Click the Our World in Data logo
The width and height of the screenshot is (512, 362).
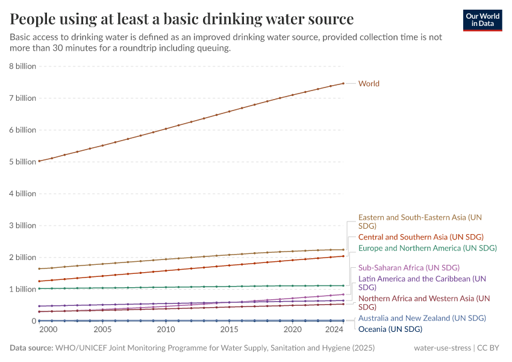(x=482, y=20)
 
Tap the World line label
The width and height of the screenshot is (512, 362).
(x=369, y=84)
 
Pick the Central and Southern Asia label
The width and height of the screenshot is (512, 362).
(x=420, y=237)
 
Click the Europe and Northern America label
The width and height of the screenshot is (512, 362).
(x=427, y=248)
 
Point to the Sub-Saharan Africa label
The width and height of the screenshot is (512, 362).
(x=408, y=267)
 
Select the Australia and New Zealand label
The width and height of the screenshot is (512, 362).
(x=422, y=318)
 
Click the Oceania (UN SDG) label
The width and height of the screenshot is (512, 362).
(x=390, y=329)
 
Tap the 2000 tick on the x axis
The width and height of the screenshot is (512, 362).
(x=48, y=330)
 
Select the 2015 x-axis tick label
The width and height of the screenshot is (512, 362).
(x=229, y=330)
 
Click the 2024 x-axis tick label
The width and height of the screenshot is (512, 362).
(x=334, y=330)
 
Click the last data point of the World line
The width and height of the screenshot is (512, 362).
(x=343, y=83)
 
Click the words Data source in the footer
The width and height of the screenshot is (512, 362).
(x=31, y=348)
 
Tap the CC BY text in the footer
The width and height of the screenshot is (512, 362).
(x=490, y=348)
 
